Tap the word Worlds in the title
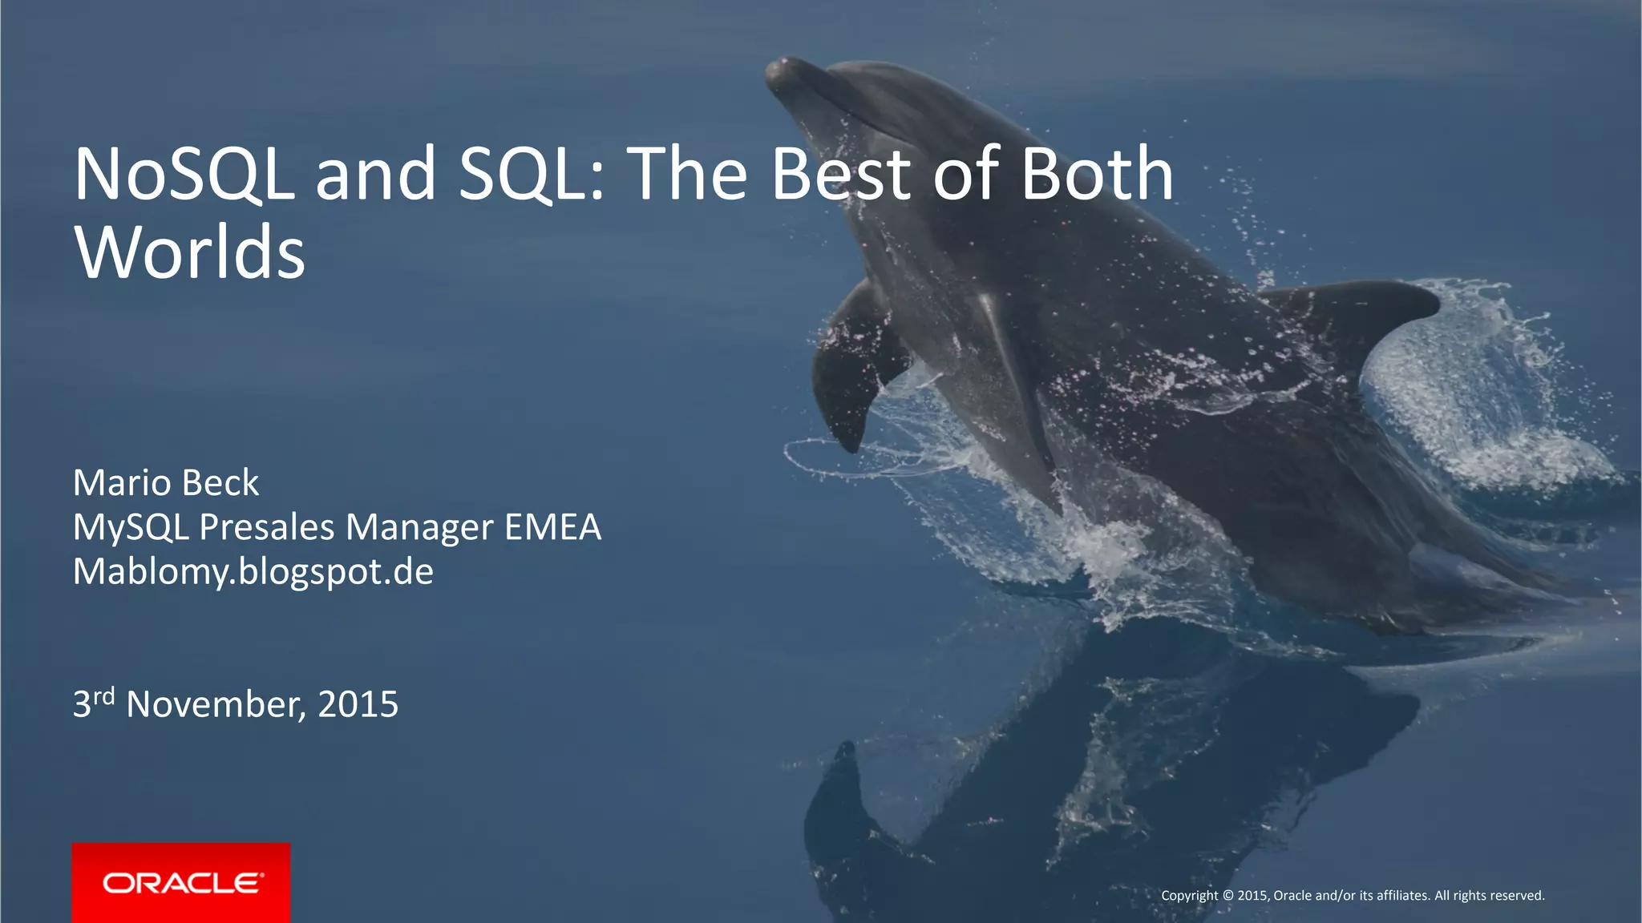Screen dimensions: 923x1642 tap(189, 252)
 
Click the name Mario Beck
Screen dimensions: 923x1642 tap(166, 483)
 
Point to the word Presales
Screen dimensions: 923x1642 tap(266, 528)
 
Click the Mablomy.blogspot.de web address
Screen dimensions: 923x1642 tap(253, 572)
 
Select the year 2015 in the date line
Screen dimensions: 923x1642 tap(358, 705)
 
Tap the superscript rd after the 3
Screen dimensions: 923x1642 tap(104, 695)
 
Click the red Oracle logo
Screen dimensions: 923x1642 tap(181, 882)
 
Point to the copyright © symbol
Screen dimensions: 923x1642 tap(1227, 896)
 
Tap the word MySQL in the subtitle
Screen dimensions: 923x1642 tap(131, 528)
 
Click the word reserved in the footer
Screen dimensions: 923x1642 tap(1517, 896)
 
